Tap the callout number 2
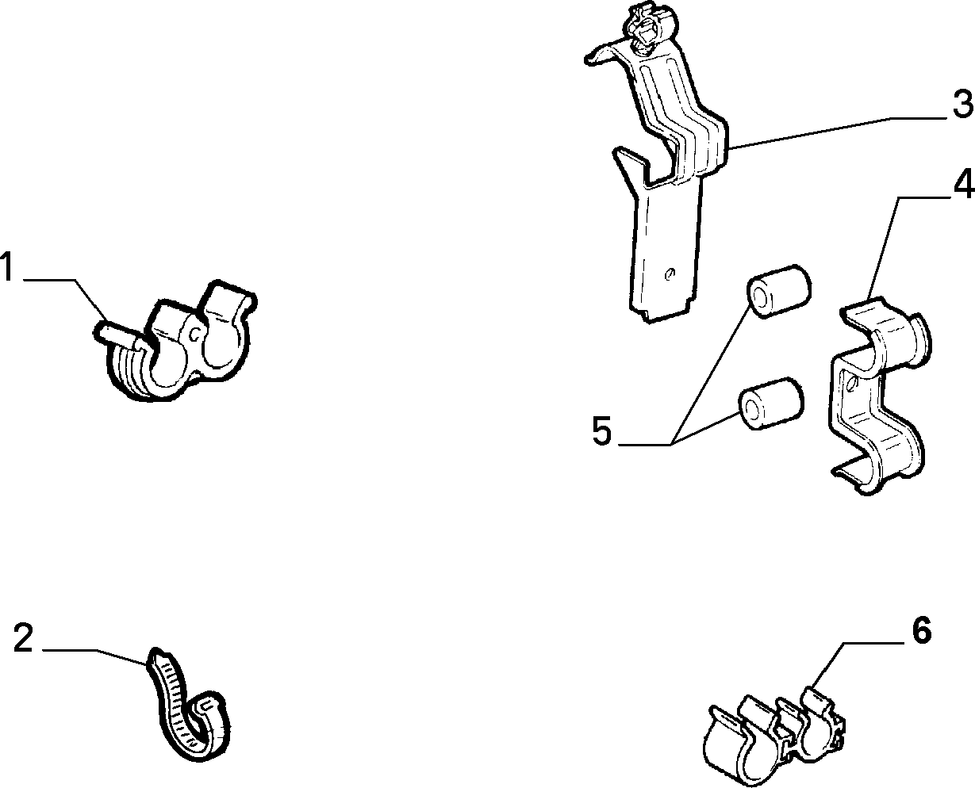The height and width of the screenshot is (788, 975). [23, 638]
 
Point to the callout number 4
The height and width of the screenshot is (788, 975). [964, 183]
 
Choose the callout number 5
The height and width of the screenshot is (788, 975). [601, 430]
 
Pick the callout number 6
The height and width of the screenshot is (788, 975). [921, 630]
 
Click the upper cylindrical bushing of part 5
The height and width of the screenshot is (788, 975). [778, 291]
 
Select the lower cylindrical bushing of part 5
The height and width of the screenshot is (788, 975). [771, 403]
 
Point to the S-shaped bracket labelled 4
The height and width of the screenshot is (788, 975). [879, 396]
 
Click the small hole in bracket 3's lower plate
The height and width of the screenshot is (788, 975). [670, 274]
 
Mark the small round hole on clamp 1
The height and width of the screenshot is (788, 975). [195, 335]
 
